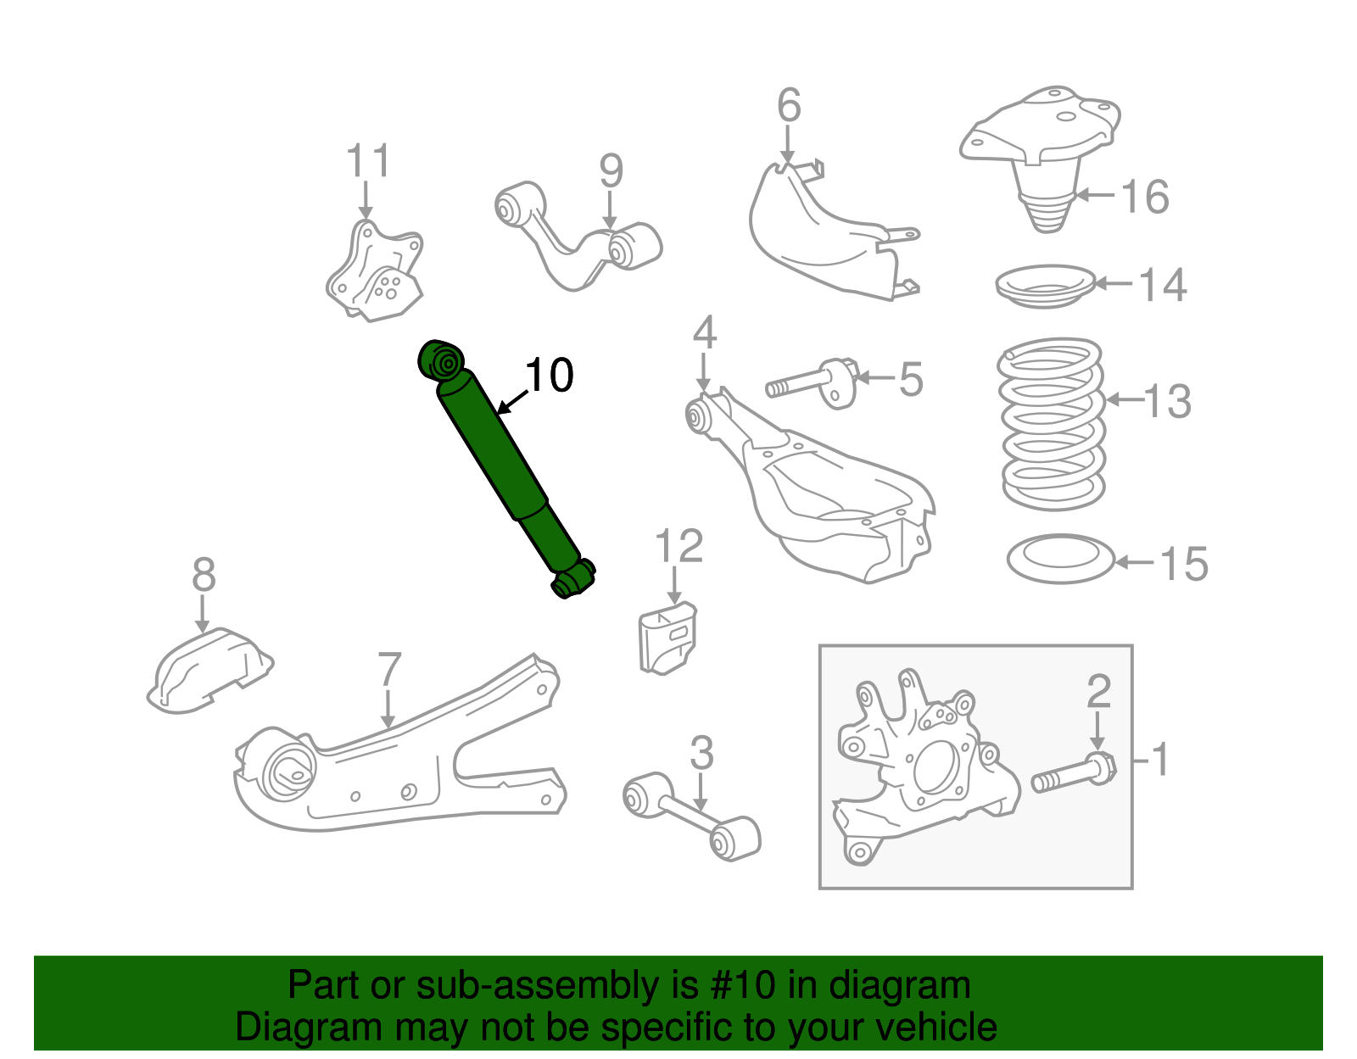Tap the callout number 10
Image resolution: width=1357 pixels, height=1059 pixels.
pos(549,375)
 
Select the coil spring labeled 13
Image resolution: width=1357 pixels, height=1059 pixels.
pos(1053,424)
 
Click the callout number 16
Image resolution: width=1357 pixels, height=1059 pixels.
pos(1145,197)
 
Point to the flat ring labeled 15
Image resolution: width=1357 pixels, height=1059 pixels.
pos(1060,558)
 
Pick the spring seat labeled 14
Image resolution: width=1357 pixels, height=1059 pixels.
pos(1046,286)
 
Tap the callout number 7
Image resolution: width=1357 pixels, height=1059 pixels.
pos(388,670)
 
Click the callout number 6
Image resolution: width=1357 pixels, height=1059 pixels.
pos(789,106)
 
